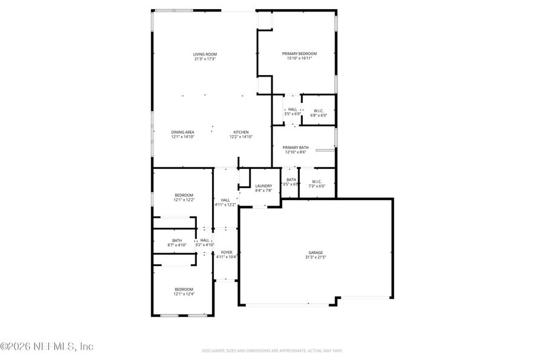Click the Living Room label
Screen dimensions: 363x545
click(x=205, y=54)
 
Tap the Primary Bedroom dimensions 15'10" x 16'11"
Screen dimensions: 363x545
click(x=299, y=58)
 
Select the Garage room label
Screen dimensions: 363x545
click(x=315, y=252)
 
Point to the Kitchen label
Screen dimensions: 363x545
click(x=241, y=132)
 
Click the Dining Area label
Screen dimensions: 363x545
click(x=182, y=132)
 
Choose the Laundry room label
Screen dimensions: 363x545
click(x=263, y=186)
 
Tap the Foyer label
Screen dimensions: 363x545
click(x=226, y=252)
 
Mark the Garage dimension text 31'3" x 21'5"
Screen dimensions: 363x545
click(x=315, y=257)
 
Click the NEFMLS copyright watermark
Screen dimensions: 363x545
click(x=47, y=347)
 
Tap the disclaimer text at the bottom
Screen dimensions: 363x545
click(x=272, y=350)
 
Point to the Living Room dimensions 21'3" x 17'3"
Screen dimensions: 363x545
click(x=205, y=59)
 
